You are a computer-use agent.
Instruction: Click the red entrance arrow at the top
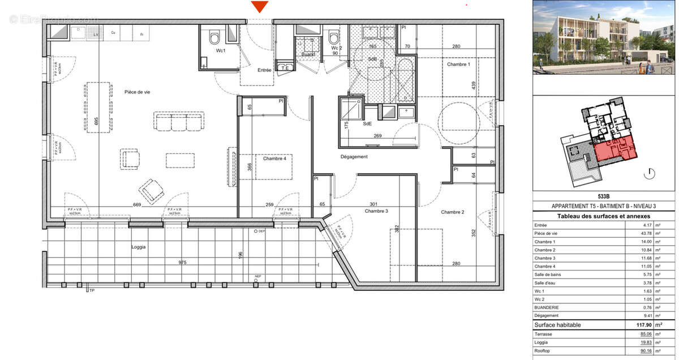(260, 7)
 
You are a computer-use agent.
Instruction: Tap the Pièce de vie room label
(137, 92)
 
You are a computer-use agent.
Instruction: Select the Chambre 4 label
(274, 158)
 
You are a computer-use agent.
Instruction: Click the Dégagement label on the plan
(354, 157)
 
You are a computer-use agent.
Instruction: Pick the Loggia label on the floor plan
(138, 247)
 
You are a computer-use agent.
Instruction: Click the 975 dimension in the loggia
(183, 263)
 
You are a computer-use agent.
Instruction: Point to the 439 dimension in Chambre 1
(483, 86)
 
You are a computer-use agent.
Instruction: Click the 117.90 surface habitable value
(642, 325)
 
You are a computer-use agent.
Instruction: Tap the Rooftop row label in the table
(544, 351)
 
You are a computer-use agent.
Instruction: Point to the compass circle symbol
(650, 173)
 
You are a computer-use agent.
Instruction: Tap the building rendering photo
(604, 37)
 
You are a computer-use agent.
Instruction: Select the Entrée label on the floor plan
(264, 70)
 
